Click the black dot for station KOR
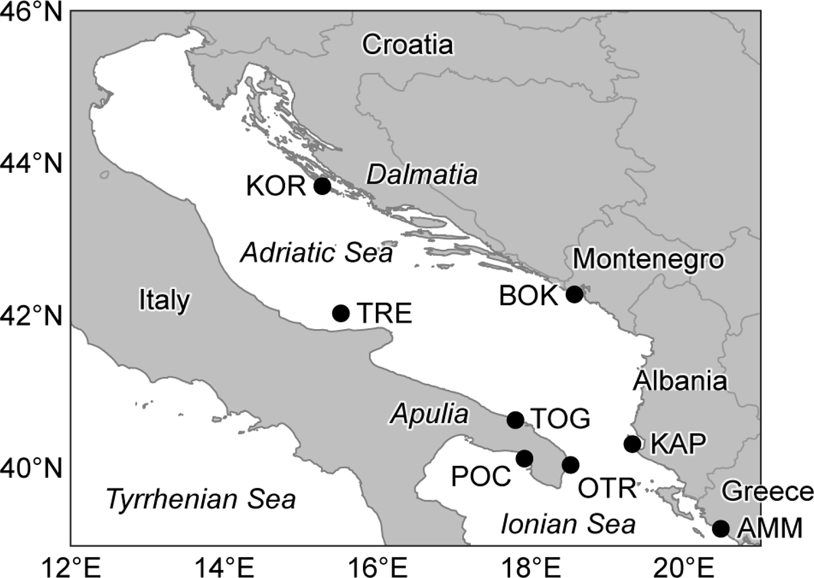pos(323,185)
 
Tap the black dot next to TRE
pos(341,313)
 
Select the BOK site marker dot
pos(574,294)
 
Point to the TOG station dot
pos(515,420)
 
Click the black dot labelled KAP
pos(633,444)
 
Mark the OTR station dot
pos(570,464)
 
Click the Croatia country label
pos(408,45)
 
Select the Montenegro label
pos(648,259)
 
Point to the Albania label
pos(680,381)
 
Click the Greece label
pos(767,492)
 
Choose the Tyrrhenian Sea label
pos(201,499)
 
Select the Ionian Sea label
pos(568,524)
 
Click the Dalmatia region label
pos(422,175)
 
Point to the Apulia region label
pos(429,415)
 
